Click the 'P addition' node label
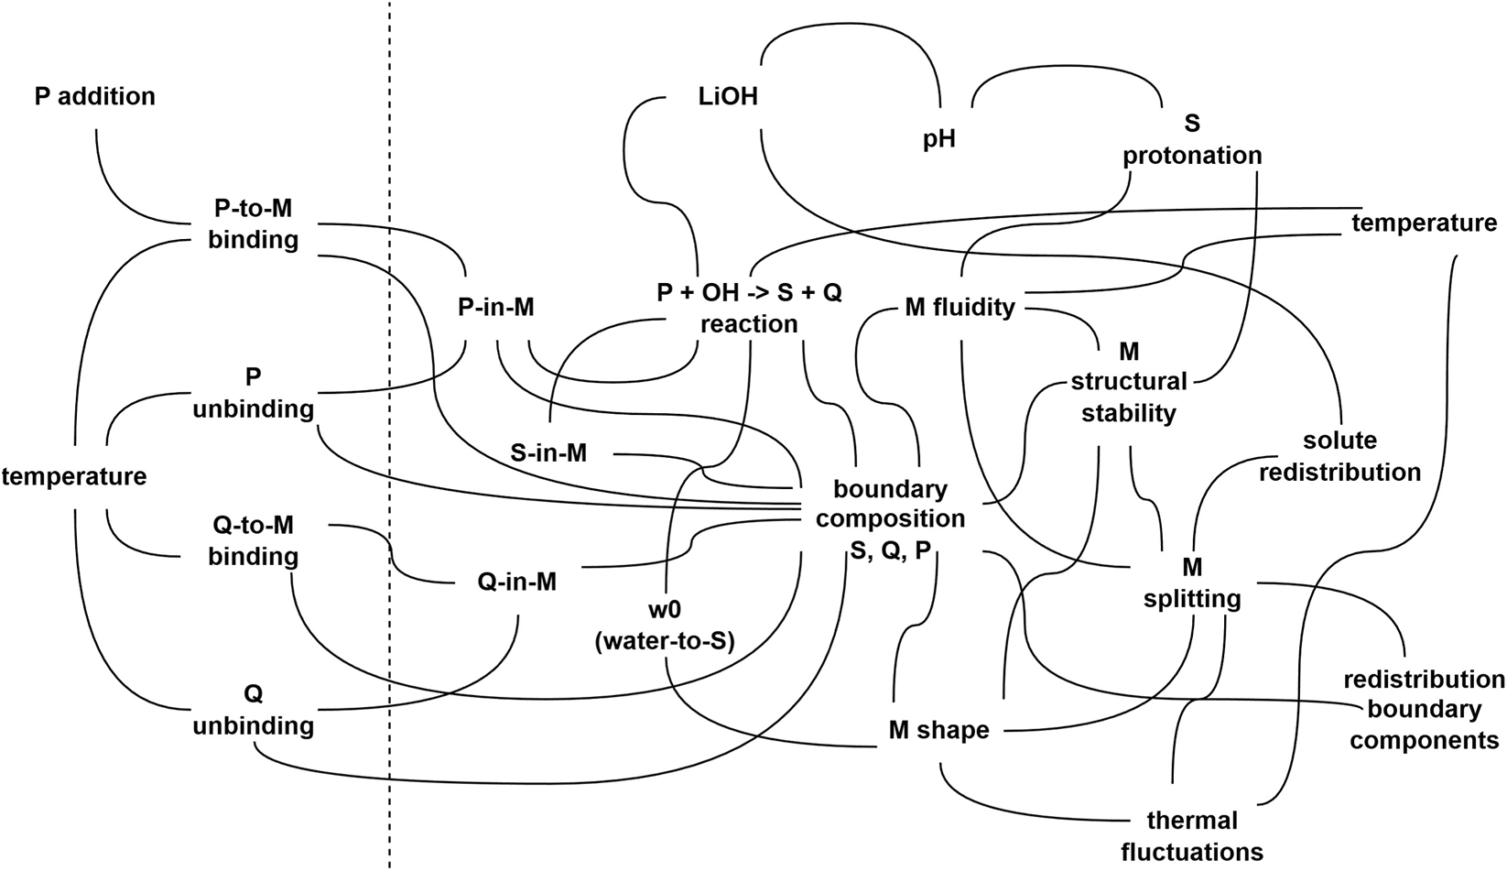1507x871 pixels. [94, 96]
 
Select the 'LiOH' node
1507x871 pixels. [727, 96]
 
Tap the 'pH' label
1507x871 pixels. [938, 139]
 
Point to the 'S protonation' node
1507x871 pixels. [1191, 139]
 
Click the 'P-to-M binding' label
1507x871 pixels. [253, 224]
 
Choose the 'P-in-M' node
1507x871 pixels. [495, 308]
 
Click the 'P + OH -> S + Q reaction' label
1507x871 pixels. [749, 309]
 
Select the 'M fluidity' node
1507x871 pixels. [959, 308]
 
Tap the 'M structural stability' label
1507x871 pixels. [1128, 383]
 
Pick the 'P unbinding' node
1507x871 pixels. [253, 393]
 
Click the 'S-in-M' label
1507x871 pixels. [548, 452]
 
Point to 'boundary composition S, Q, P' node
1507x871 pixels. [890, 518]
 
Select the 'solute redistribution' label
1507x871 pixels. [1339, 456]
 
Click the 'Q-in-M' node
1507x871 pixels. [517, 582]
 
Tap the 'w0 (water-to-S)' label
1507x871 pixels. [665, 626]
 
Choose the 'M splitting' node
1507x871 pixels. [1192, 583]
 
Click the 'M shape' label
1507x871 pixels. [938, 731]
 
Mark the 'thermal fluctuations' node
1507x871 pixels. [1191, 835]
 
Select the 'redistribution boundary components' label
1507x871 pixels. [1424, 710]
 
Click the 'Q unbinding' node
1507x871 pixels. [253, 710]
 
